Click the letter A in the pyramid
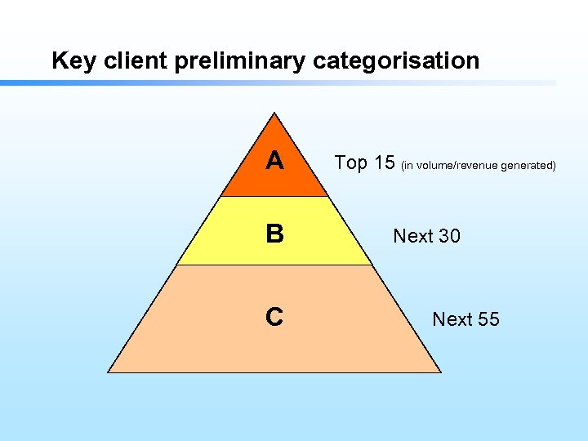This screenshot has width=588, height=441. click(x=275, y=161)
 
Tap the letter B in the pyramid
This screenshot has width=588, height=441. click(x=275, y=235)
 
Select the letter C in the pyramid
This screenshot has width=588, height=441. click(x=275, y=317)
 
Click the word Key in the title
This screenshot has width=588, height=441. click(x=73, y=61)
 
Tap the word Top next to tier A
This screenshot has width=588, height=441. click(x=351, y=163)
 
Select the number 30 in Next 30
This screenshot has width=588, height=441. click(x=449, y=236)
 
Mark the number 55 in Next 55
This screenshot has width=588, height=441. click(x=488, y=319)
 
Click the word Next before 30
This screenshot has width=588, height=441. click(x=413, y=236)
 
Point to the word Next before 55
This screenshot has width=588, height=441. click(x=452, y=319)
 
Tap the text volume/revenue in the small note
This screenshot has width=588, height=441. click(x=457, y=166)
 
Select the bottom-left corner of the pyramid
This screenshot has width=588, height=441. click(x=109, y=372)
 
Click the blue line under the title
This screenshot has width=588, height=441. click(x=245, y=82)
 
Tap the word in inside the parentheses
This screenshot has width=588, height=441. click(x=407, y=166)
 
